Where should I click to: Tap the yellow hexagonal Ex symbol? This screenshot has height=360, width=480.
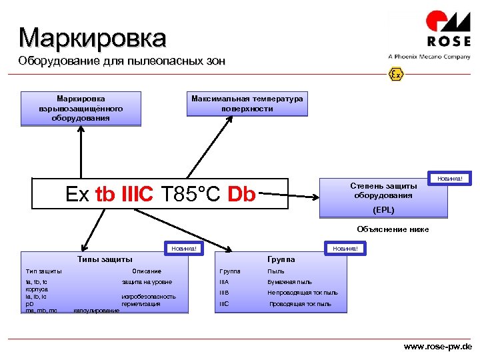(x=396, y=74)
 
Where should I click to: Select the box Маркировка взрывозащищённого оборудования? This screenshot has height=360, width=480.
(x=81, y=108)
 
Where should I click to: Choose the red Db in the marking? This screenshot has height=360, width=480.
(x=241, y=194)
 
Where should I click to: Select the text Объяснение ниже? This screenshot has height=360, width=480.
(x=393, y=229)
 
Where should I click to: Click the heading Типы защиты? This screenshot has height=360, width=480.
(x=105, y=259)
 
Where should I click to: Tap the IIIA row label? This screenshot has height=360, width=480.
(x=225, y=282)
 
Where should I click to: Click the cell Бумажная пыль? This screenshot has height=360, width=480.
(x=289, y=282)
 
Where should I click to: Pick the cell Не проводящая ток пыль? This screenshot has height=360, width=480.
(x=303, y=293)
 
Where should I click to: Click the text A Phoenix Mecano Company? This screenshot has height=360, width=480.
(x=429, y=57)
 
